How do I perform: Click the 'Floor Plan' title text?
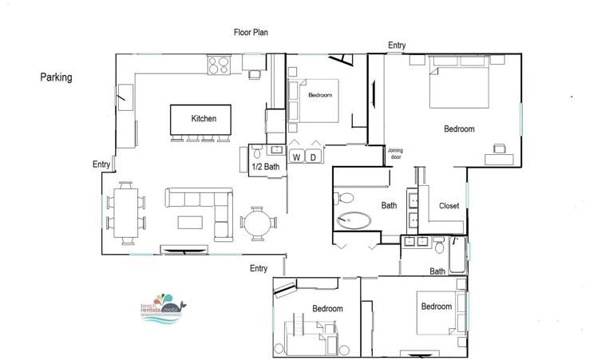[251, 32]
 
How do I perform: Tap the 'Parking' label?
[57, 77]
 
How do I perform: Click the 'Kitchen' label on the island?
[204, 119]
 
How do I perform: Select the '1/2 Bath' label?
[264, 167]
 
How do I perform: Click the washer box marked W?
[296, 156]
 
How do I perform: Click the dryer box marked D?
[314, 156]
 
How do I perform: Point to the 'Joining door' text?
[395, 154]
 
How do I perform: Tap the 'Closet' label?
[449, 206]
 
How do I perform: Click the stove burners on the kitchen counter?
[219, 65]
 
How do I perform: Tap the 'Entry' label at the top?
[397, 45]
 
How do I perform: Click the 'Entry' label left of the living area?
[101, 164]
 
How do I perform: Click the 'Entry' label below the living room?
[258, 268]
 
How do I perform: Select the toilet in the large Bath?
[344, 197]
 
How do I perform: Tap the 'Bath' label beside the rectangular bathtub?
[437, 271]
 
